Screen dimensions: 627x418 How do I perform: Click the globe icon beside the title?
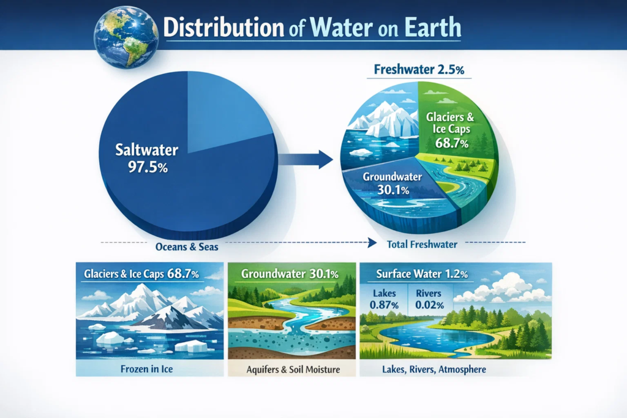pyautogui.click(x=126, y=37)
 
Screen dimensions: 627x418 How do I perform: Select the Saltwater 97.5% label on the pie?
pyautogui.click(x=147, y=159)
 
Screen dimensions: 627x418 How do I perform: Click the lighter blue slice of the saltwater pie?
pyautogui.click(x=224, y=112)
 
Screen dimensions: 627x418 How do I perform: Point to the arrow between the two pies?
pyautogui.click(x=306, y=160)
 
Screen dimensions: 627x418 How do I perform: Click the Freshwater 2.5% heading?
pyautogui.click(x=419, y=70)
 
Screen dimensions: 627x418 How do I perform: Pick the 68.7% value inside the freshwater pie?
pyautogui.click(x=451, y=143)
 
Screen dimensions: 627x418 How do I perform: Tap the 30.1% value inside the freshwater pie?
pyautogui.click(x=393, y=190)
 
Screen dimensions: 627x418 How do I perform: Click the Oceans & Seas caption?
pyautogui.click(x=187, y=247)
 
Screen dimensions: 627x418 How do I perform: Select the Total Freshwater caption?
pyautogui.click(x=422, y=244)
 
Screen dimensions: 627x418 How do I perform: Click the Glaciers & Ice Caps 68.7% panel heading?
pyautogui.click(x=141, y=274)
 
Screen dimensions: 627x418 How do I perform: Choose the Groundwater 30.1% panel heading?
pyautogui.click(x=290, y=274)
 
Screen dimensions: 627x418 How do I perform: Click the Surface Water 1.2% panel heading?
pyautogui.click(x=422, y=274)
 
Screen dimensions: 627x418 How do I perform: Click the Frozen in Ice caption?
pyautogui.click(x=147, y=369)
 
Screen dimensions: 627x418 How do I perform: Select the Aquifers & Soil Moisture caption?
pyautogui.click(x=293, y=370)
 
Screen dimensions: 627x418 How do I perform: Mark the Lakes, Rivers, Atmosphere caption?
pyautogui.click(x=434, y=369)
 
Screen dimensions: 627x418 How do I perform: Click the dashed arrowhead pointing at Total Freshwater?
pyautogui.click(x=372, y=243)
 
